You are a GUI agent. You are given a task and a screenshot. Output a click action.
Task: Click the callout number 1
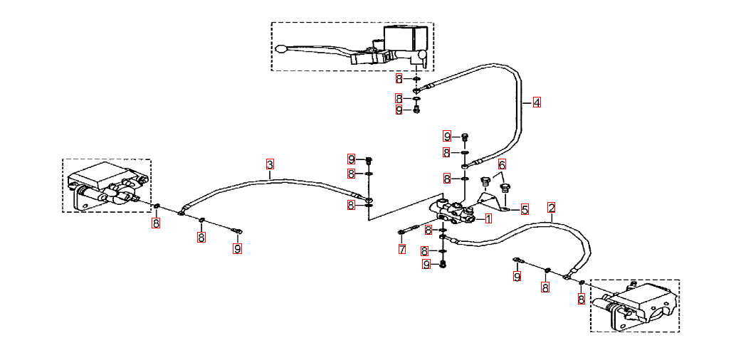point(488,218)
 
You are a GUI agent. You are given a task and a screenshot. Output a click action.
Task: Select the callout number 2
point(551,208)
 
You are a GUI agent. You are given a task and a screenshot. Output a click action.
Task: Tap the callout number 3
point(270,164)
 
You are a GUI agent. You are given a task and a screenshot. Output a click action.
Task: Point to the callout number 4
point(536,102)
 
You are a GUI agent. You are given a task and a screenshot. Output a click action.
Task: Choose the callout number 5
point(525,209)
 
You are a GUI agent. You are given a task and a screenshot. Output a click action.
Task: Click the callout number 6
point(503,164)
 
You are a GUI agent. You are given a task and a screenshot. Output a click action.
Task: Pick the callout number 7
point(402,249)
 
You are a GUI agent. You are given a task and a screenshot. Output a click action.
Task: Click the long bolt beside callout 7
point(408,231)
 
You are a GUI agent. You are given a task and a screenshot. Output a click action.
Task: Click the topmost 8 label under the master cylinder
point(399,78)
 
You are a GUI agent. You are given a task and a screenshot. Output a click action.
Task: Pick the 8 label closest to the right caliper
point(582,300)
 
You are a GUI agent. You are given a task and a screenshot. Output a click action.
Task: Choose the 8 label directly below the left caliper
point(156,223)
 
